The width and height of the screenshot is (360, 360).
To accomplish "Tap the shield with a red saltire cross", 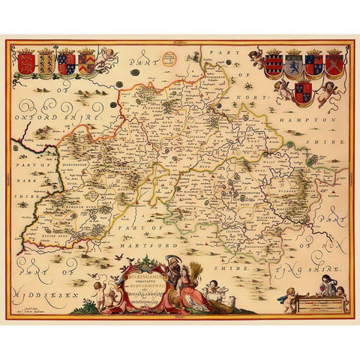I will (334, 63).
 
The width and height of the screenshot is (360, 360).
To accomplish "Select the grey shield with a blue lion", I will (294, 63).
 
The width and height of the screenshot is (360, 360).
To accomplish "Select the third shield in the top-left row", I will (67, 63).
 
